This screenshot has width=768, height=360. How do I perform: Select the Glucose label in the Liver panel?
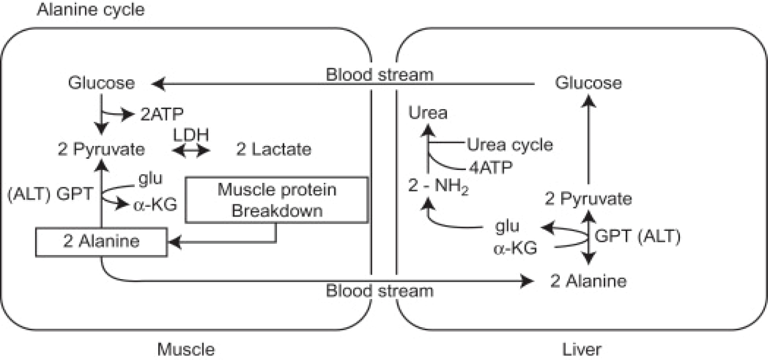[x=588, y=83]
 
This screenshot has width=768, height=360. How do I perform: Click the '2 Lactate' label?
[x=273, y=150]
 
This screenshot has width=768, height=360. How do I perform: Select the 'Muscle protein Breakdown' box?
[x=276, y=200]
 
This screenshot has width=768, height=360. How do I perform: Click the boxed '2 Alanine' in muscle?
[x=101, y=242]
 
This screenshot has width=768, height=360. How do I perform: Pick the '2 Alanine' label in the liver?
[x=588, y=281]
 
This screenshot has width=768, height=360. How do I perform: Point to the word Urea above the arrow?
[x=429, y=113]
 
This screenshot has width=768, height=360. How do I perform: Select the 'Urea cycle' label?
[x=510, y=145]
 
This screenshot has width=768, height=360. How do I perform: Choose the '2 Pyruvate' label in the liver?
[x=588, y=199]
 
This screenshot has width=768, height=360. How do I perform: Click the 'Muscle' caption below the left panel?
[x=185, y=350]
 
